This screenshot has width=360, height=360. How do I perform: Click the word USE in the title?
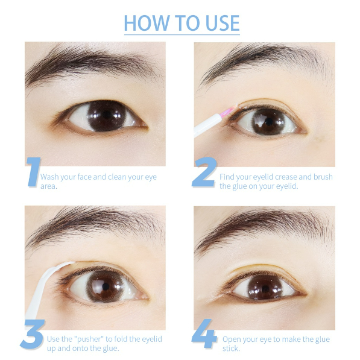223,23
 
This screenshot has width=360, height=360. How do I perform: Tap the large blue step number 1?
34,172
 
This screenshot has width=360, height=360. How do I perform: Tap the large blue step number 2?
204,172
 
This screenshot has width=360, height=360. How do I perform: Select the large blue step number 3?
33,334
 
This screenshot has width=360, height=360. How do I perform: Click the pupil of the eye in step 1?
107,115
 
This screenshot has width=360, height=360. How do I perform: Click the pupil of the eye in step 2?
268,122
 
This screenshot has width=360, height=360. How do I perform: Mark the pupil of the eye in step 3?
106,286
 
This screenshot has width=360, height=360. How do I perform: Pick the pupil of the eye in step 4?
265,289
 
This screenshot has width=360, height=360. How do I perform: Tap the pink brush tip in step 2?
228,111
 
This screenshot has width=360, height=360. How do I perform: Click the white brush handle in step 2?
207,125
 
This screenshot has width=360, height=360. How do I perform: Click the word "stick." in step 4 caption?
231,349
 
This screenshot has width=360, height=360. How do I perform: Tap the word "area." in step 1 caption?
49,186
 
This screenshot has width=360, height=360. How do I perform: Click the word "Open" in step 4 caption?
231,339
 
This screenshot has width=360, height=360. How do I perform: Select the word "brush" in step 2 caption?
323,177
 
